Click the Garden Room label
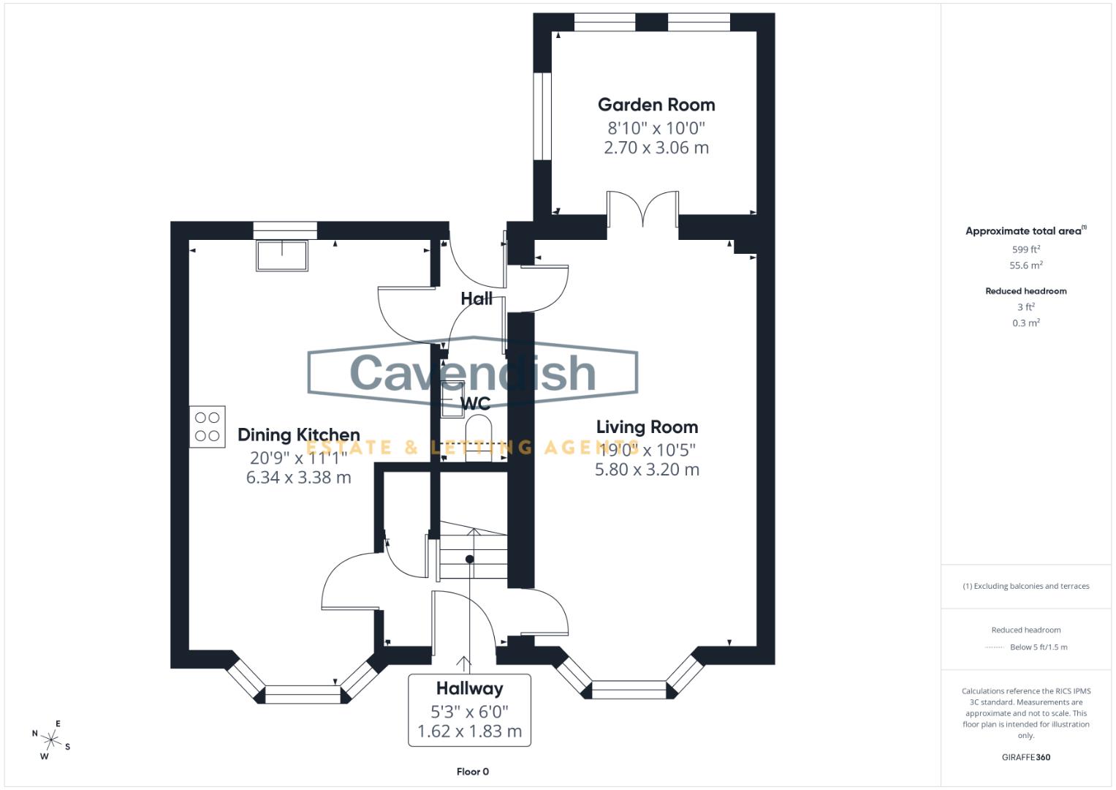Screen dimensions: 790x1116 tap(656, 105)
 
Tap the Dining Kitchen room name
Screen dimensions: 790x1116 tap(298, 434)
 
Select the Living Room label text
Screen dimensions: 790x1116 tap(647, 426)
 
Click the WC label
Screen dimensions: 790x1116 tap(475, 404)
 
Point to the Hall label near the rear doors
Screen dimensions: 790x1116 tap(477, 298)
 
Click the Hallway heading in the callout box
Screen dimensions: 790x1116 tap(469, 688)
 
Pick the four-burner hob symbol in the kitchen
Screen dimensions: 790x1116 tap(208, 426)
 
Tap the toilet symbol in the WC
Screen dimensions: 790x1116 tap(479, 437)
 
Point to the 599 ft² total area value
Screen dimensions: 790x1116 tap(1025, 249)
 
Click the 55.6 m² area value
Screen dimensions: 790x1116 tap(1025, 266)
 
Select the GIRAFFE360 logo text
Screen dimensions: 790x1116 tap(1025, 757)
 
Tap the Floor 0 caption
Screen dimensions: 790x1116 tap(472, 772)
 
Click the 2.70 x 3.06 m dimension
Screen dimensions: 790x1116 tap(656, 148)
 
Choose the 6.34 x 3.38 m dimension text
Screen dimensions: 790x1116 tap(298, 478)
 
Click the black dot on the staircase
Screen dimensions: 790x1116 tap(470, 559)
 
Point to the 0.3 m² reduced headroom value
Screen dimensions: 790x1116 tap(1025, 323)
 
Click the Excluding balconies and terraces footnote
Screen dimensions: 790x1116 tap(1025, 586)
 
